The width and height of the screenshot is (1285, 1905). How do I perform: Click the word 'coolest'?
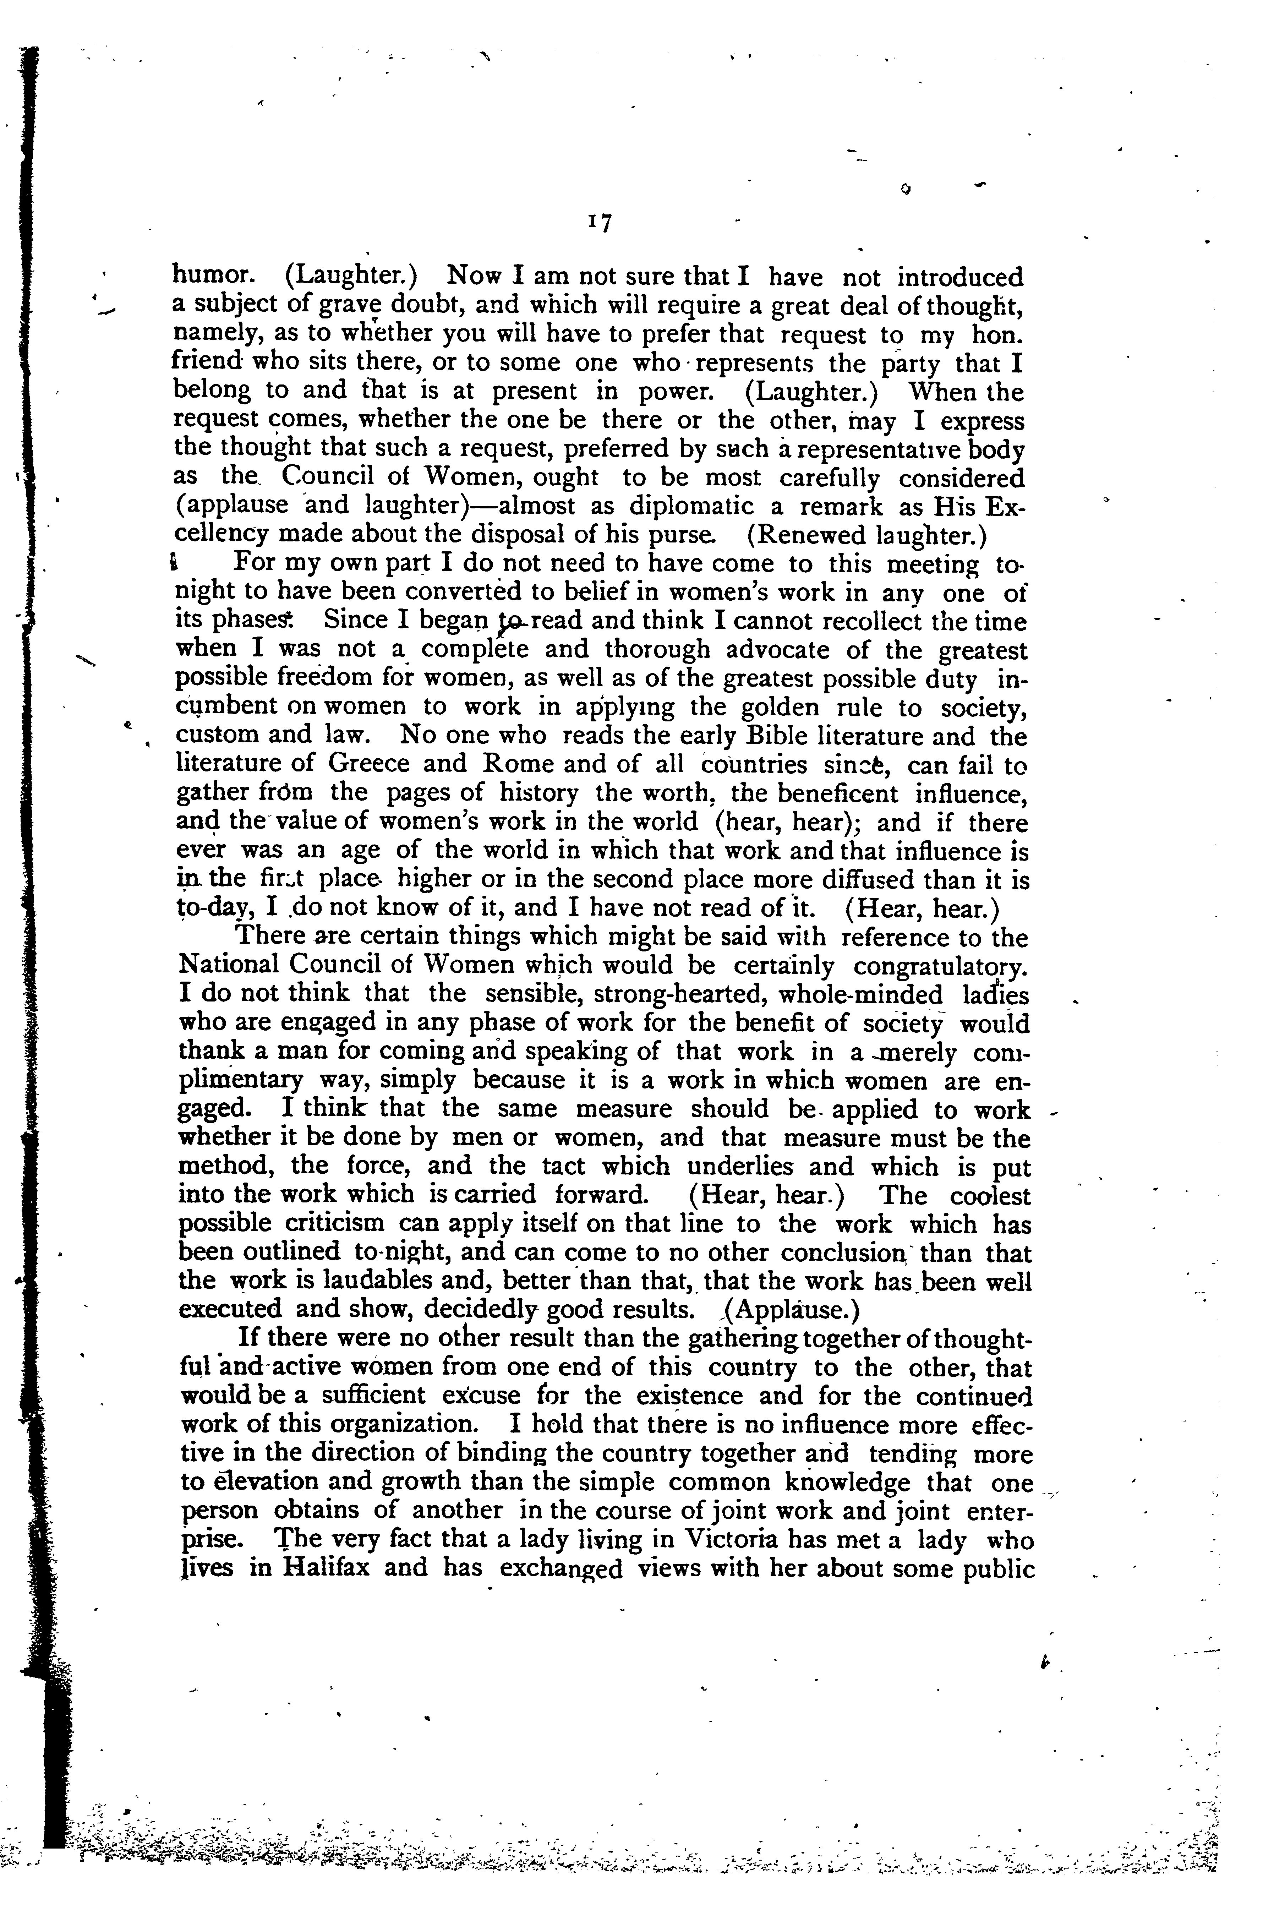pyautogui.click(x=991, y=1196)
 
